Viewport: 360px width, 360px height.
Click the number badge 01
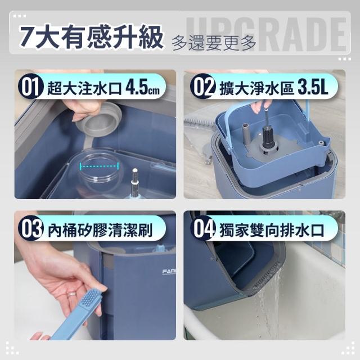tap(31, 87)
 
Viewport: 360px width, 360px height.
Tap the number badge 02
tap(202, 87)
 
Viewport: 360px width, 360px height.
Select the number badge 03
tap(31, 228)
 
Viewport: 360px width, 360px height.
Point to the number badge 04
tap(202, 228)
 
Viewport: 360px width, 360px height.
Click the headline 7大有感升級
tap(91, 37)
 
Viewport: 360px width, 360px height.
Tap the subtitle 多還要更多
tap(214, 43)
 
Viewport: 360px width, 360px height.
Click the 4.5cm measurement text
tap(142, 88)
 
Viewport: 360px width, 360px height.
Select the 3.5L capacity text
tap(313, 88)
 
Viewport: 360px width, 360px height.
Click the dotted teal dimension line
tap(100, 166)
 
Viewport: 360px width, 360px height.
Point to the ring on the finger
tap(73, 294)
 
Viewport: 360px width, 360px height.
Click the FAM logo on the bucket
tap(169, 272)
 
